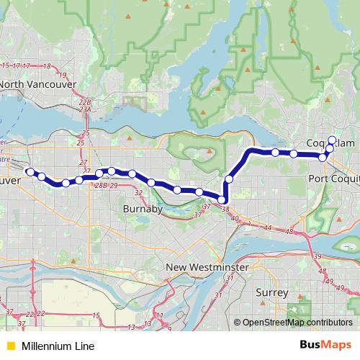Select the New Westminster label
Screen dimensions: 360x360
[207, 267]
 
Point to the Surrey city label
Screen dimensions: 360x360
[272, 293]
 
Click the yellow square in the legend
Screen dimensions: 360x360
[9, 346]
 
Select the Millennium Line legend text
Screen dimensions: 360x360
[58, 346]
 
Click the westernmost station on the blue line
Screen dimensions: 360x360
[30, 171]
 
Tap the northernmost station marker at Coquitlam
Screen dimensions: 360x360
[332, 140]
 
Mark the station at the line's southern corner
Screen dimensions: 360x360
[223, 199]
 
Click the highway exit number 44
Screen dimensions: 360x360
[268, 228]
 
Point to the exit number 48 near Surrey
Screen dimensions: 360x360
[322, 271]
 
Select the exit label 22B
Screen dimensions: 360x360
[86, 103]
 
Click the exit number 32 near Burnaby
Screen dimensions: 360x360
[138, 192]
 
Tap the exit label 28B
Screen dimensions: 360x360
[101, 185]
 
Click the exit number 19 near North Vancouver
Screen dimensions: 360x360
[63, 74]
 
